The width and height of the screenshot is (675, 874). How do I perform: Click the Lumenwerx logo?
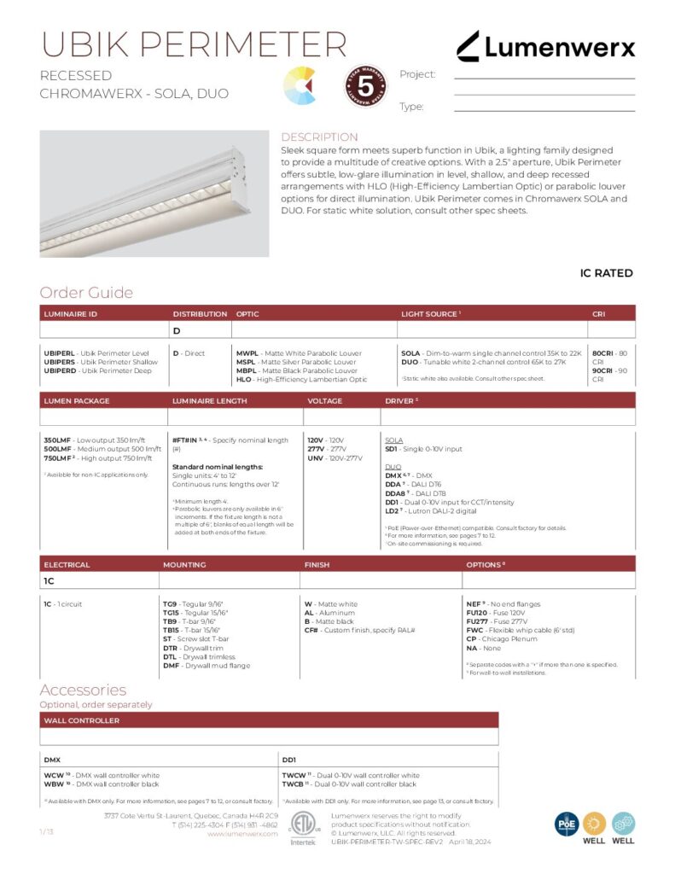point(545,47)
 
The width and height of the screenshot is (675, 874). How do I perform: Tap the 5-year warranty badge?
point(365,85)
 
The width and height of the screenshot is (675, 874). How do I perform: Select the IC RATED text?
point(606,273)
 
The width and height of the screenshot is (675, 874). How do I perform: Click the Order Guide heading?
point(86,293)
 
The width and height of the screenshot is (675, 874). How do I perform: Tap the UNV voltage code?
point(316,457)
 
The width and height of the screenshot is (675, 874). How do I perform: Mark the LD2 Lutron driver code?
point(393,511)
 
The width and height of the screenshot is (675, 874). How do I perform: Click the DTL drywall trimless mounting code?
point(171,656)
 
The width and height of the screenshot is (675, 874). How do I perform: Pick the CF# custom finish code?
point(311,630)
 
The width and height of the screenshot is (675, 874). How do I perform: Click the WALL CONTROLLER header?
point(82,720)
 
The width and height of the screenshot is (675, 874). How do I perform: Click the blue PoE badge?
point(567,823)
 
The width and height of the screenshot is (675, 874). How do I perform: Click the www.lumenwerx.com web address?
point(242,834)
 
